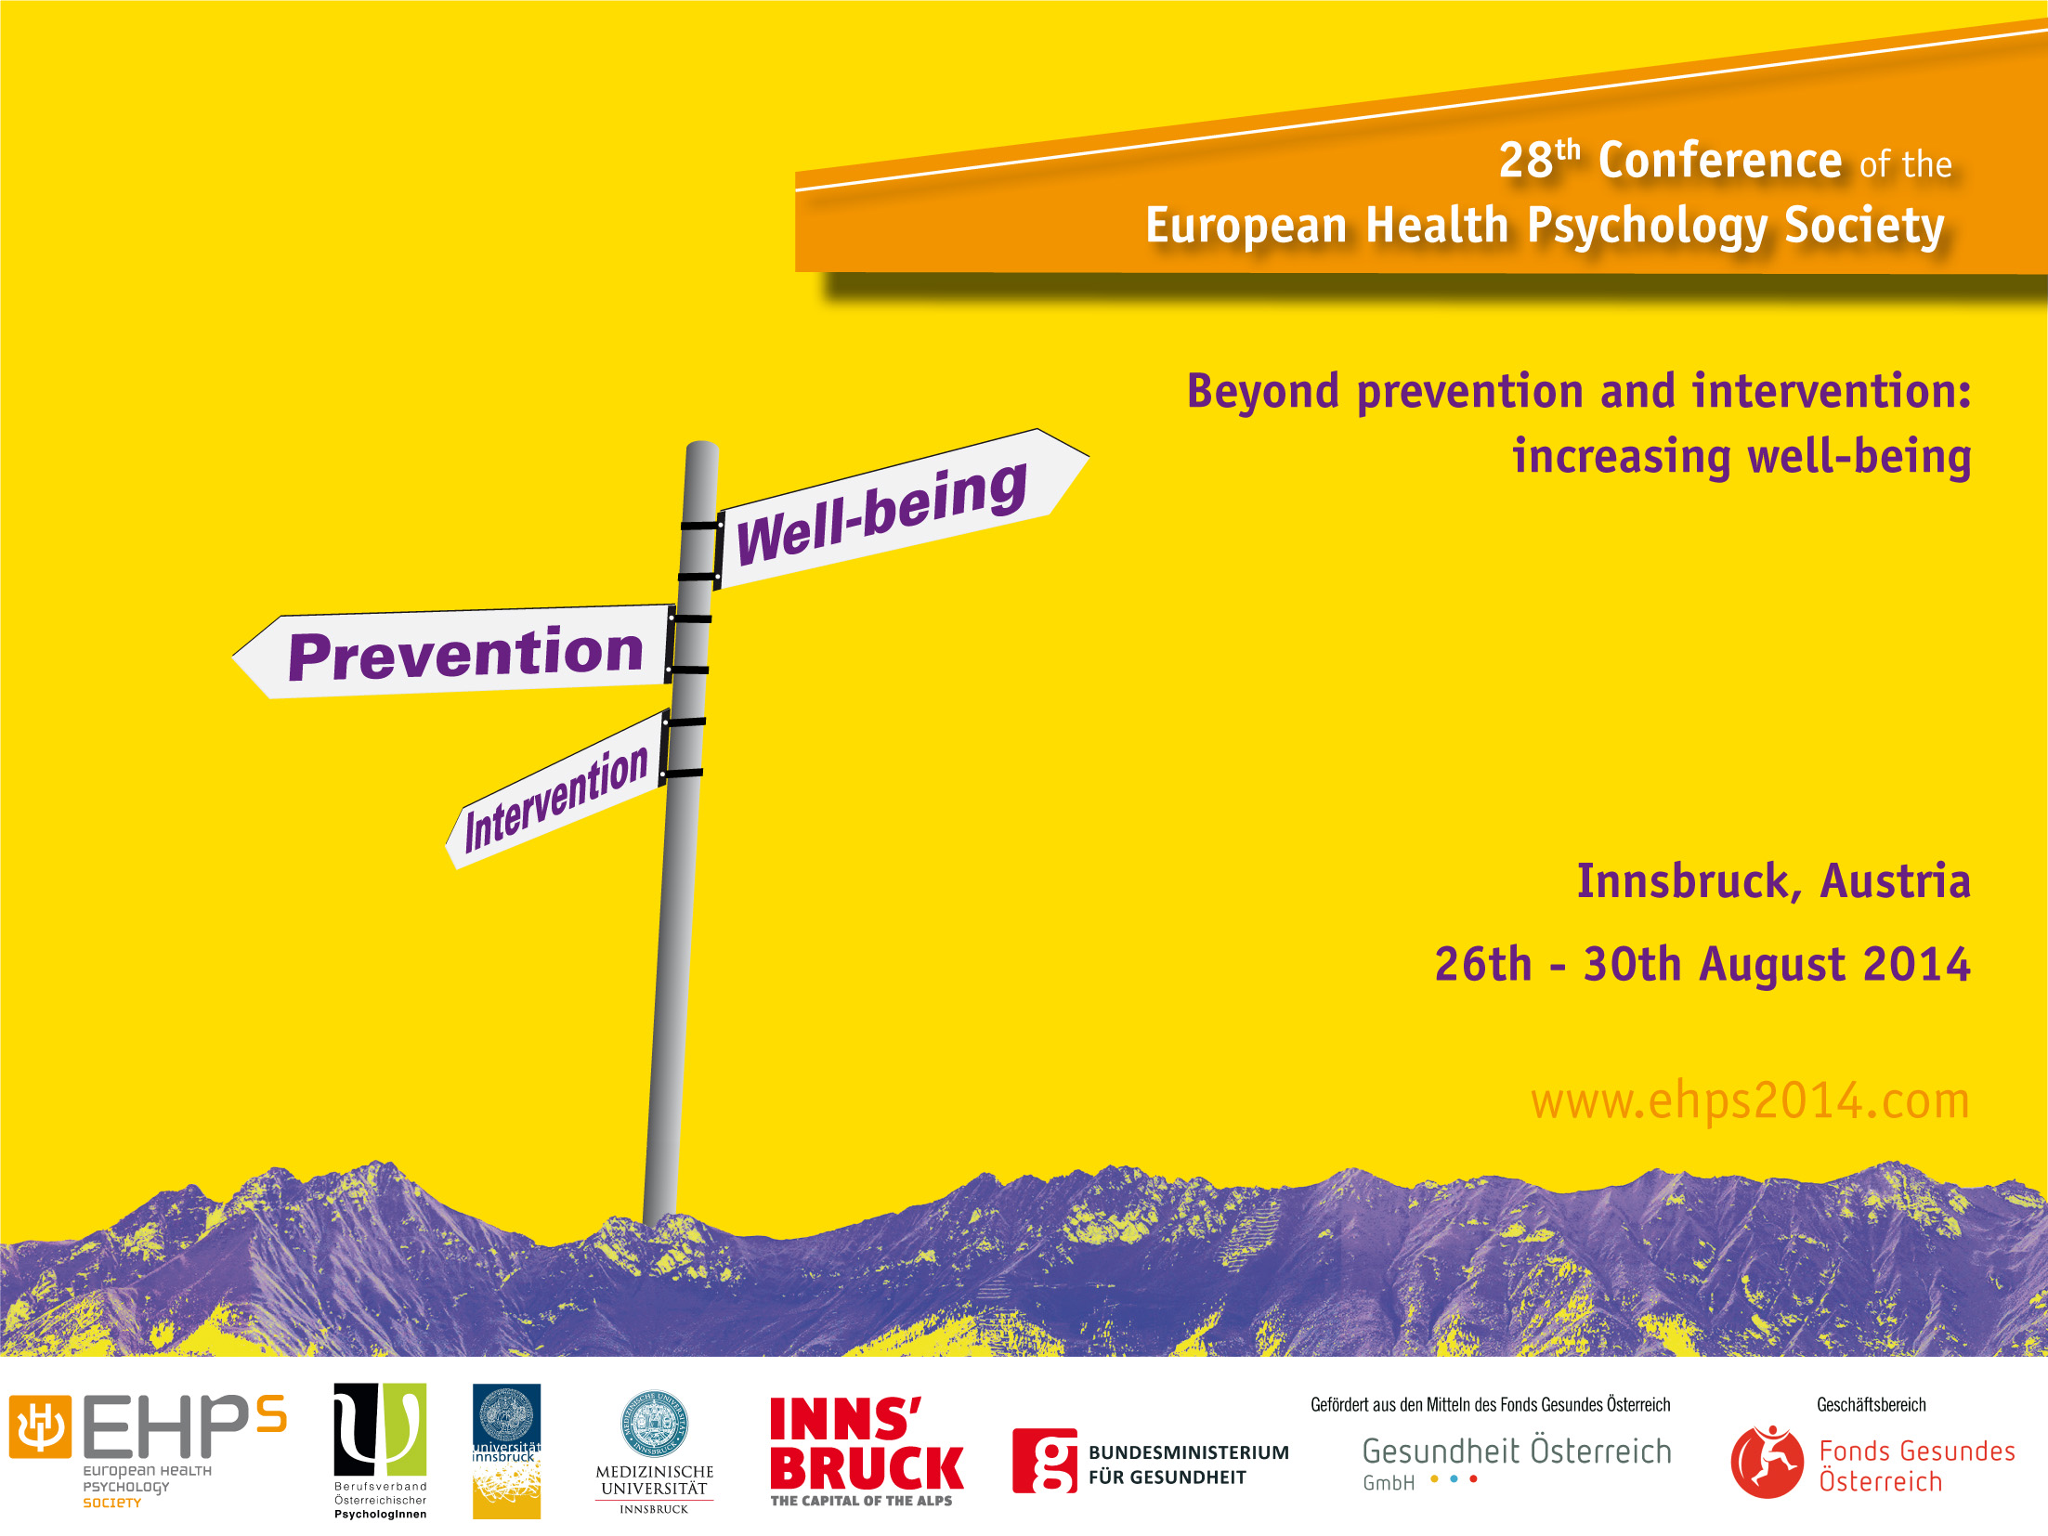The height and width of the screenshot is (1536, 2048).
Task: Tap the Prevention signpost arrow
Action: (452, 652)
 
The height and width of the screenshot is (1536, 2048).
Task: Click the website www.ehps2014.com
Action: (1750, 1101)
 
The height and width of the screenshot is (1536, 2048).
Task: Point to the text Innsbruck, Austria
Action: (1774, 881)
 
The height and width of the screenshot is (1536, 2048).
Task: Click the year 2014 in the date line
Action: (1916, 964)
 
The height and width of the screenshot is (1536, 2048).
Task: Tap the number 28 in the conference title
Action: (1525, 160)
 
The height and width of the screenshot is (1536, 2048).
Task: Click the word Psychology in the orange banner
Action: (1646, 227)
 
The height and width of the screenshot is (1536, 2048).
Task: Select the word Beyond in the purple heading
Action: (1263, 391)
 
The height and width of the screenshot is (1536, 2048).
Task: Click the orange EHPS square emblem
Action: (40, 1426)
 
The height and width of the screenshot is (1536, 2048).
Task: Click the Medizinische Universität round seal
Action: (654, 1423)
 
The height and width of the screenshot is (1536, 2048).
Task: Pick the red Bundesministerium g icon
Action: (1045, 1461)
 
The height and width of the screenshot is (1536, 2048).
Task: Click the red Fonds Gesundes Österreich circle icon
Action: (1767, 1462)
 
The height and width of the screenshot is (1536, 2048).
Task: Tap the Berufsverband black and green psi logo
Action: (380, 1429)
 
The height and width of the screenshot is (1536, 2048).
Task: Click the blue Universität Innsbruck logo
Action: (506, 1451)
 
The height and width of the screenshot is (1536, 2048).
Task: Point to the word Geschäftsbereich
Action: (1872, 1405)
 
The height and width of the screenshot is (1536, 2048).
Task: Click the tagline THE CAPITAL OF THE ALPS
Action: (861, 1501)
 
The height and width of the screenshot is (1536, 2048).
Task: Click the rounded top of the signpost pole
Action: (701, 449)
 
